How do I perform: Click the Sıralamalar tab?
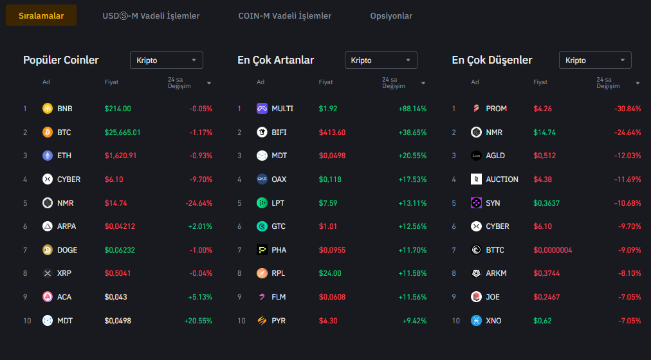41,15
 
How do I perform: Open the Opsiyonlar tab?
391,15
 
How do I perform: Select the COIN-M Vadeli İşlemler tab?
284,15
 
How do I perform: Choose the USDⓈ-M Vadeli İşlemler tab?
151,15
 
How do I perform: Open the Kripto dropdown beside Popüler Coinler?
167,60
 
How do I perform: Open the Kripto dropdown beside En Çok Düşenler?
595,60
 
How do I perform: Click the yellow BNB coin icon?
48,109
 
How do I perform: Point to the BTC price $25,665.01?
122,132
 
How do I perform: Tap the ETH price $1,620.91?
120,156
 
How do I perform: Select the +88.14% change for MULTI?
412,109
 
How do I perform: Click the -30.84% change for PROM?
627,109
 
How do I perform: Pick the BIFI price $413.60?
332,132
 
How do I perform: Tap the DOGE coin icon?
48,250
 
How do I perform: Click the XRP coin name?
64,273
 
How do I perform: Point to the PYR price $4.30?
327,320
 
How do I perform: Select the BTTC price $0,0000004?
553,250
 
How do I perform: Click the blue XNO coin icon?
476,320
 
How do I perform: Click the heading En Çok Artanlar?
276,60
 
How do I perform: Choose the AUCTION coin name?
502,179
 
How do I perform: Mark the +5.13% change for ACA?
199,297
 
